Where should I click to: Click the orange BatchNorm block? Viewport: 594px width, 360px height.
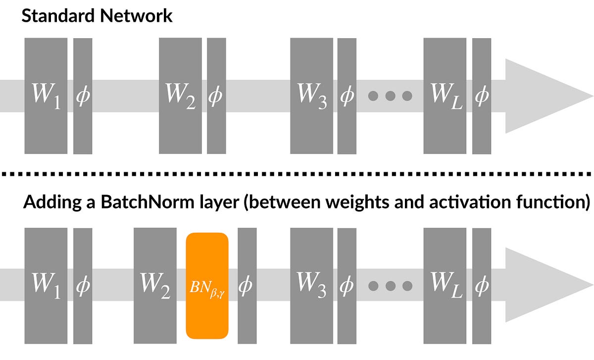click(x=207, y=286)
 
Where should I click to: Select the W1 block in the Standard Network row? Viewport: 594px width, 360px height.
click(x=46, y=96)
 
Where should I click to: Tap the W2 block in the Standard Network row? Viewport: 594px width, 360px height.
click(x=180, y=96)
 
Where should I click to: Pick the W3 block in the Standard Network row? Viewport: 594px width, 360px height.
click(x=311, y=96)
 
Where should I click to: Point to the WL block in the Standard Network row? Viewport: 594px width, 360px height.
click(x=445, y=96)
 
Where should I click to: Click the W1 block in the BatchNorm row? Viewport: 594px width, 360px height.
click(x=46, y=286)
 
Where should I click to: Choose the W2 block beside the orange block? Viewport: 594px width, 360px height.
click(x=155, y=286)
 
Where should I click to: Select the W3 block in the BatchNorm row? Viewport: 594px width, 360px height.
click(x=311, y=286)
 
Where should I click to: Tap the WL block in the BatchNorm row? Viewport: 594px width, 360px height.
click(x=445, y=286)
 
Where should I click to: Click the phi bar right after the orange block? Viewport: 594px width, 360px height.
click(x=247, y=286)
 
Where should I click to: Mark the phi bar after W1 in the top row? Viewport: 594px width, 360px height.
click(x=83, y=96)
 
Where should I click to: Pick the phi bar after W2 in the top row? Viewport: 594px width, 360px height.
click(x=216, y=96)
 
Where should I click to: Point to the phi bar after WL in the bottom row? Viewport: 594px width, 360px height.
click(x=482, y=286)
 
